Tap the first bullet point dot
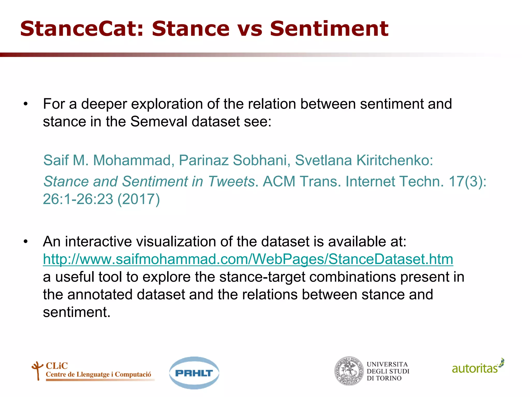pos(25,104)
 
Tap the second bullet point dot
pos(25,242)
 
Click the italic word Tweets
pos(232,181)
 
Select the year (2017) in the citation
pos(139,199)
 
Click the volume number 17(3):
pos(467,181)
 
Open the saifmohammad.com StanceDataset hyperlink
pos(248,259)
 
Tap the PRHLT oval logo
pos(194,373)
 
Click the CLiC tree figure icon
pos(37,370)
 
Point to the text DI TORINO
pos(384,378)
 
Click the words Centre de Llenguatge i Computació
pos(98,375)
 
